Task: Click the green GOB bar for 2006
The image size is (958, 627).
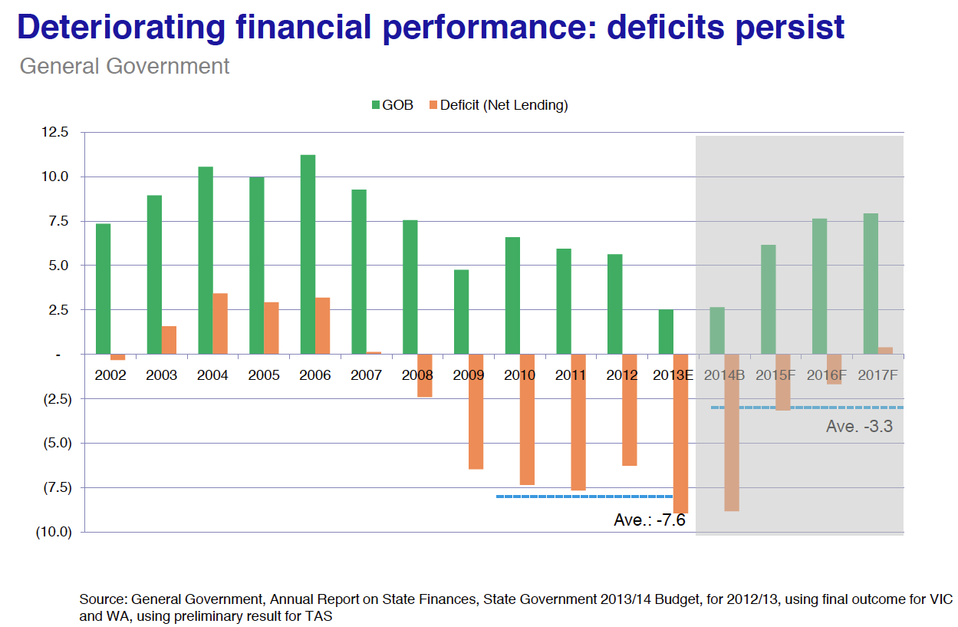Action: click(308, 254)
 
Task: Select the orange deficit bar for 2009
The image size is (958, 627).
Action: click(476, 411)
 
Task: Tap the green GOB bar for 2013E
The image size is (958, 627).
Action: click(666, 332)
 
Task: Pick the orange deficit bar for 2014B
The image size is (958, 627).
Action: click(732, 432)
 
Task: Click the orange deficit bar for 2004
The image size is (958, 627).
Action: click(220, 324)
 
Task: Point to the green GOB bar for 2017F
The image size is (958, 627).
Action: click(871, 284)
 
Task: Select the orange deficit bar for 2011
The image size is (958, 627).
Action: click(578, 422)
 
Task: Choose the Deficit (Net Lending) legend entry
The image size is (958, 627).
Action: click(503, 105)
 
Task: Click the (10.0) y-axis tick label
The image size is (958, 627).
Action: click(54, 532)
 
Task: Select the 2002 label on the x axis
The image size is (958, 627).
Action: click(110, 375)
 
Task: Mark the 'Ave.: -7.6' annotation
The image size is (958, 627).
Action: click(649, 520)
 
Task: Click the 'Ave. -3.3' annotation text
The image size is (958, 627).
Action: click(859, 427)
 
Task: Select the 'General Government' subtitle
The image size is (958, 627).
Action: click(124, 66)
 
